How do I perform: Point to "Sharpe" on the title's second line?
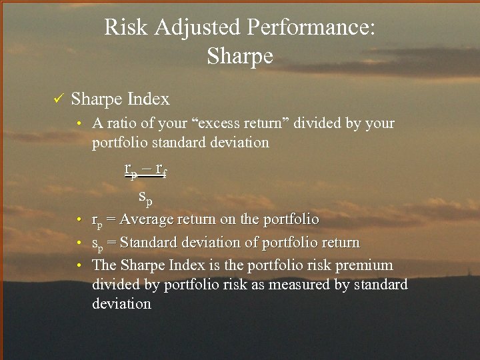[240, 56]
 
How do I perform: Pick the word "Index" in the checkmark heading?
[148, 99]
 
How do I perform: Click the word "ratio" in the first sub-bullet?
[119, 123]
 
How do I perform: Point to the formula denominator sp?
[145, 197]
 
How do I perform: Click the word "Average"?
[146, 219]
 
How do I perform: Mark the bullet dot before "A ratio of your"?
[79, 124]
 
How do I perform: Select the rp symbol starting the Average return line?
[97, 221]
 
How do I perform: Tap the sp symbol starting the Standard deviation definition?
[97, 243]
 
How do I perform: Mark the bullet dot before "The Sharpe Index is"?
[79, 266]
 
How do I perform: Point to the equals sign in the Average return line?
[111, 220]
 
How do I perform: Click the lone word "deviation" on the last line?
[121, 304]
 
